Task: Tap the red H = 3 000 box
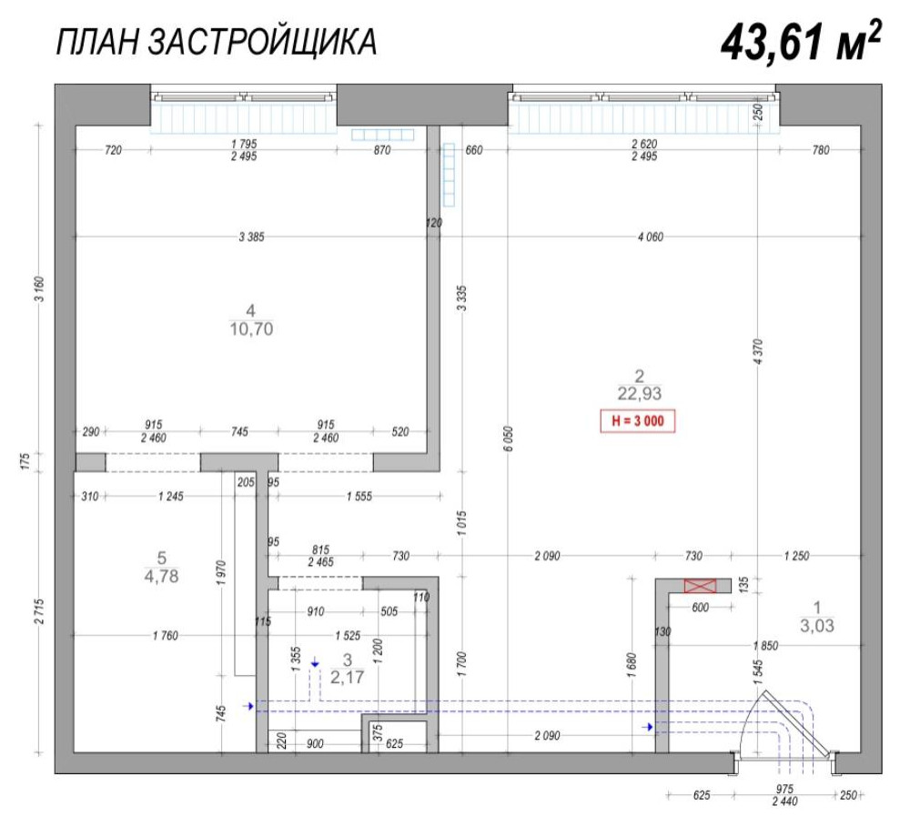[x=637, y=422]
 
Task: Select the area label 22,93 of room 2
[x=639, y=394]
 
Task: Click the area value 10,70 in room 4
[x=252, y=329]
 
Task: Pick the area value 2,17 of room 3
[x=346, y=676]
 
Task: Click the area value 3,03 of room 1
[x=816, y=625]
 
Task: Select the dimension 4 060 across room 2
[x=650, y=237]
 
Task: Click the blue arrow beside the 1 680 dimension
[x=648, y=727]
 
